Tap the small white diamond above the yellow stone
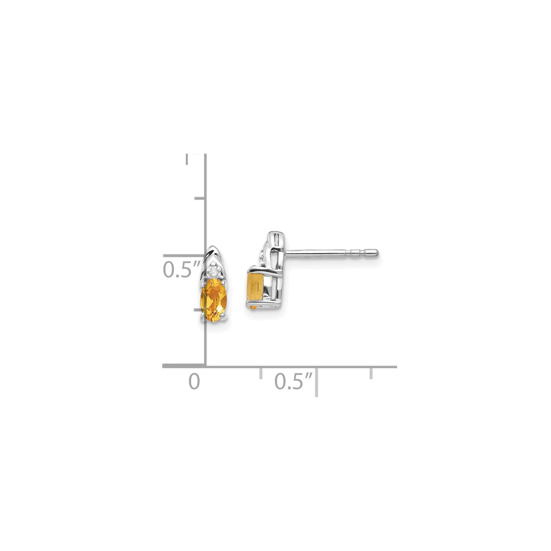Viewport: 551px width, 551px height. point(213,271)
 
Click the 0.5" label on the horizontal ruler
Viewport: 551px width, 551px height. point(294,381)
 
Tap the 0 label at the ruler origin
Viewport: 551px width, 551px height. point(194,381)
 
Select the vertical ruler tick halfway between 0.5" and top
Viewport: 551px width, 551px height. point(200,198)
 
